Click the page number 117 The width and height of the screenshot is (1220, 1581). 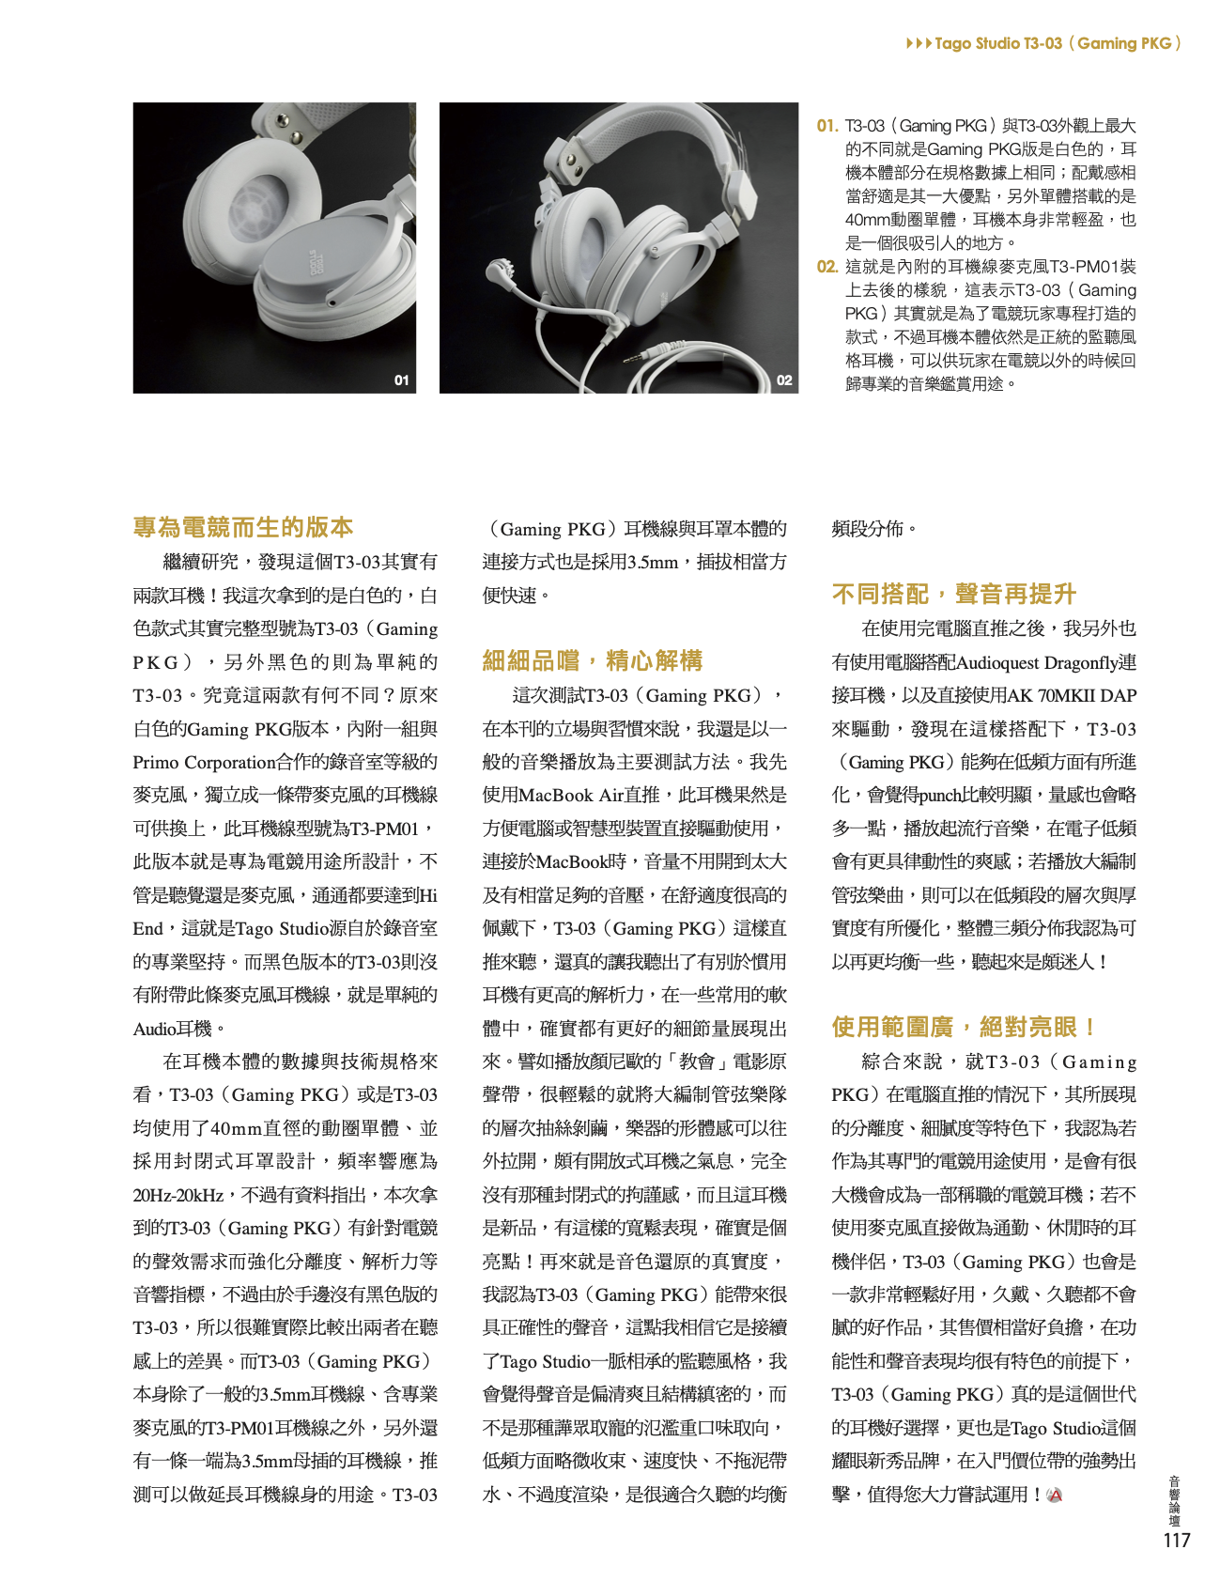[1176, 1540]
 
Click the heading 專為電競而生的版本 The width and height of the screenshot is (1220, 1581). [243, 527]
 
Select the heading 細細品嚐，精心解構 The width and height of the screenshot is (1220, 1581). [592, 660]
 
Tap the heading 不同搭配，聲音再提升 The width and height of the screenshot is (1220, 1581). [953, 594]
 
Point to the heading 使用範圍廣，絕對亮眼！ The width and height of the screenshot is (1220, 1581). [965, 1027]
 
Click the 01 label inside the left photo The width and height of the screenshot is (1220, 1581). [401, 380]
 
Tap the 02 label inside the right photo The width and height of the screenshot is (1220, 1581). [783, 380]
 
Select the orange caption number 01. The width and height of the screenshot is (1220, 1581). [826, 126]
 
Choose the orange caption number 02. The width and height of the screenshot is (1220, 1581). [826, 267]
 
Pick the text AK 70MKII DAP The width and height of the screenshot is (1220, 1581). [1072, 696]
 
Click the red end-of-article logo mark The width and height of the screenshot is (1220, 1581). [1055, 1495]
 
